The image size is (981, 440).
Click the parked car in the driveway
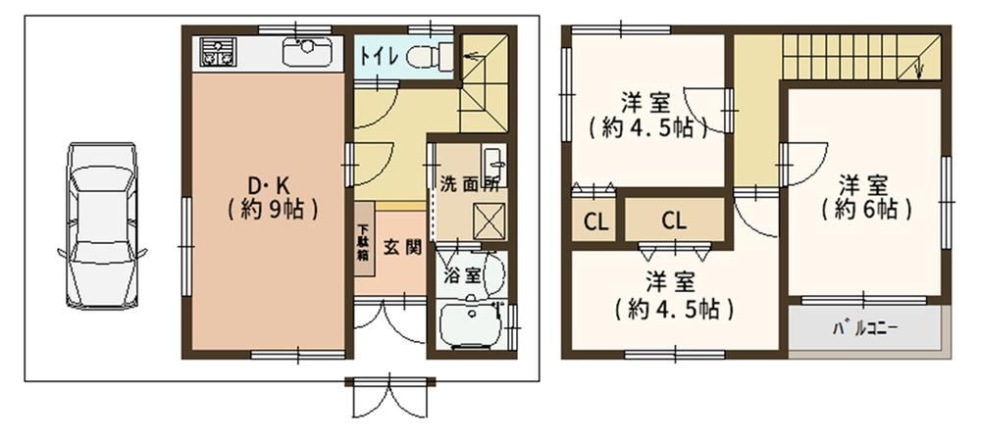point(102,225)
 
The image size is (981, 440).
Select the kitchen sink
point(306,52)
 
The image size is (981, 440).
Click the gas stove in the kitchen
point(217,52)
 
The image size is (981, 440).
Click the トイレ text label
point(379,56)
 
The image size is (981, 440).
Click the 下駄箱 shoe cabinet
point(364,238)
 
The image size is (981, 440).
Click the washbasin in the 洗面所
point(495,163)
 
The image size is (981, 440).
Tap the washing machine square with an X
point(489,221)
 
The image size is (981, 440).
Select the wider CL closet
point(675,220)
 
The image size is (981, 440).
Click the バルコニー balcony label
point(865,327)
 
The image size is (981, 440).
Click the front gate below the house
point(390,395)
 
